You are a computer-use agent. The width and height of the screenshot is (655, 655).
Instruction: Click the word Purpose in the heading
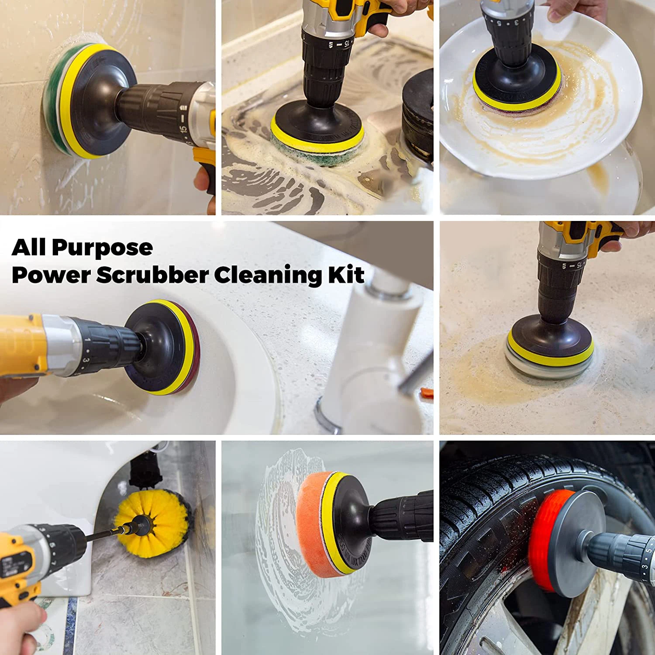(103, 248)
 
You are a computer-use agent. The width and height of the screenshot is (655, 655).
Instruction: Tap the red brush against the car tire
(541, 537)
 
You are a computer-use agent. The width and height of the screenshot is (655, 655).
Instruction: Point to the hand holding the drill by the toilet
(20, 627)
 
